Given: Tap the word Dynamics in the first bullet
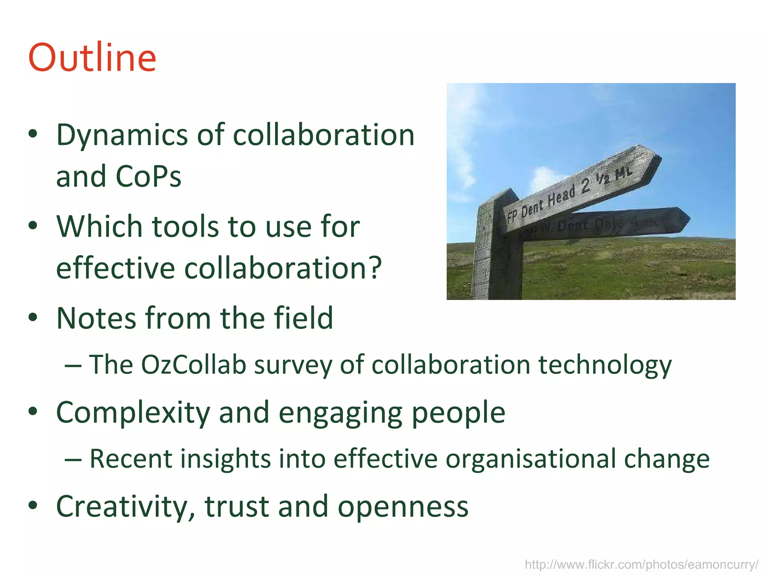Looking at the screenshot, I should coord(122,136).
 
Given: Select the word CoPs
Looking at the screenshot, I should coord(148,177).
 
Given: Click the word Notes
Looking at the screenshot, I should coord(96,318).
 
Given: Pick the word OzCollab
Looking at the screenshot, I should coord(193,365).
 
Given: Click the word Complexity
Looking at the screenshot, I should coord(133,413).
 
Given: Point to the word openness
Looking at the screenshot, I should coord(403,507).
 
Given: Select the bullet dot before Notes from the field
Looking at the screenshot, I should coord(33,317).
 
